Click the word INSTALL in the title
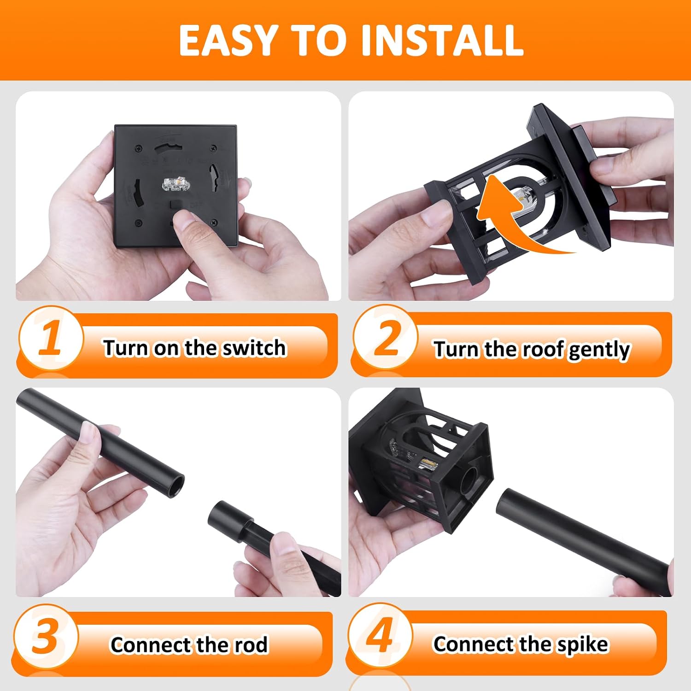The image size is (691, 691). tap(442, 40)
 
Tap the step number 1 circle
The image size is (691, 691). tap(51, 339)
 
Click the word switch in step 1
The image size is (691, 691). tap(254, 348)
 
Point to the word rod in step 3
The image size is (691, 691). tap(251, 645)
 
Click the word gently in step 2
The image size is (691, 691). tap(600, 350)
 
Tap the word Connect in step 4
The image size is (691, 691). tap(470, 644)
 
